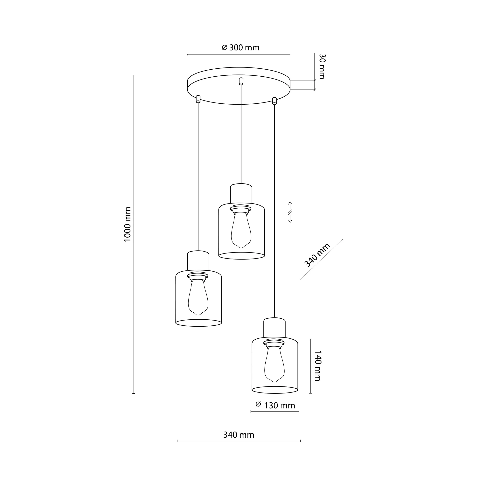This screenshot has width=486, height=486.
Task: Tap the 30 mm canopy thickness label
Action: coord(322,66)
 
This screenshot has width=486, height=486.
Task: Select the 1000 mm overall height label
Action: coord(128,224)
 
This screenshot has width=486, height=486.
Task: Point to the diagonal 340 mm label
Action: coord(317,255)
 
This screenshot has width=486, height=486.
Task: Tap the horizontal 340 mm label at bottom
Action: coord(239,435)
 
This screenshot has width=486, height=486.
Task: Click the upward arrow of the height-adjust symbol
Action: coord(290,205)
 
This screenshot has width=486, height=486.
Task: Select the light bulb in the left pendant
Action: coord(198,297)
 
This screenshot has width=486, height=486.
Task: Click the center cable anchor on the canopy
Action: coord(241,81)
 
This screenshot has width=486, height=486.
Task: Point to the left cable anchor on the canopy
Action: coord(198,99)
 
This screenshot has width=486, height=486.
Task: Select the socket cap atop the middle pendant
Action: coord(241,193)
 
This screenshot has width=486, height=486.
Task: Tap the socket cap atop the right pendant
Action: coord(274,328)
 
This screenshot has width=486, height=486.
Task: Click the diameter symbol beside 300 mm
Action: coord(225,48)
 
